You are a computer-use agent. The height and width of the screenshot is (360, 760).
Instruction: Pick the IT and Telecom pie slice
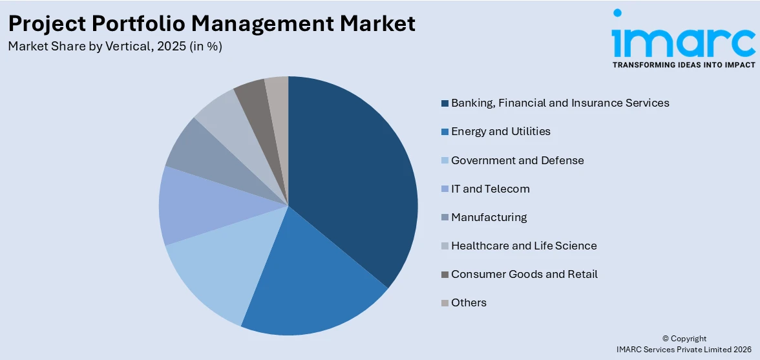tap(194, 207)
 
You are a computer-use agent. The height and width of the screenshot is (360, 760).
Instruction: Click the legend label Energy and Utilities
tap(501, 131)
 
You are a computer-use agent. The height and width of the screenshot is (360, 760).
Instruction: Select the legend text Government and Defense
tap(517, 160)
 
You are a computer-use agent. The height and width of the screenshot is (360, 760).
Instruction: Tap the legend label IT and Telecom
tap(491, 189)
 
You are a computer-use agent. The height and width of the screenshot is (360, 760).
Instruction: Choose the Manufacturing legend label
tap(489, 217)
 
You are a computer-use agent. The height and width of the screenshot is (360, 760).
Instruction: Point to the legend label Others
tap(469, 302)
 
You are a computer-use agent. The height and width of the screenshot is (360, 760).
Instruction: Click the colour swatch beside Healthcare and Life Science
tap(445, 246)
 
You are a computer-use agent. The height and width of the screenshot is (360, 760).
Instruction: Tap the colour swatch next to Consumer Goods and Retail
tap(445, 275)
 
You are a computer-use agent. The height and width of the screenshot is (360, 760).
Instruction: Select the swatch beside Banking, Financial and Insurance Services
tap(445, 103)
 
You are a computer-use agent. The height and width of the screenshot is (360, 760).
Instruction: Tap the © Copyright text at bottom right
tap(684, 339)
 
